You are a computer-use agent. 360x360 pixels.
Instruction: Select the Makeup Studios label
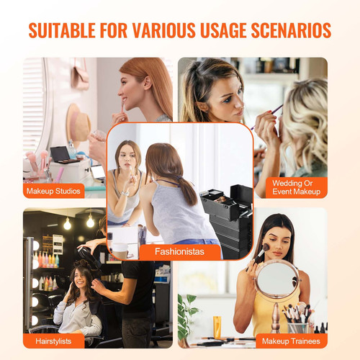53,191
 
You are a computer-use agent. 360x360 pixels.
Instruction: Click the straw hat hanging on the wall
78,122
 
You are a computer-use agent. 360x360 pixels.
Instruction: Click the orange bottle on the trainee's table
217,328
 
